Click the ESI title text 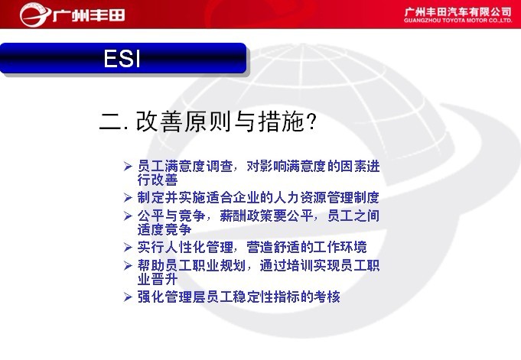point(122,59)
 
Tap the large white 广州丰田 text point(89,15)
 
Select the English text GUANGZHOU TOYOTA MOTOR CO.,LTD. point(458,21)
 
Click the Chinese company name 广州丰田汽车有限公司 point(458,12)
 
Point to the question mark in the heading point(311,121)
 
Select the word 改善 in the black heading point(159,122)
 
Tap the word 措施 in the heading point(281,122)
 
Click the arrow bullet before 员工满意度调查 point(128,166)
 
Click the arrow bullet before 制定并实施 point(128,198)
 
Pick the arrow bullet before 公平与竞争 point(128,216)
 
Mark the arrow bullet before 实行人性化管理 point(128,248)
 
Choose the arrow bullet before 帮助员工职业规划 point(128,266)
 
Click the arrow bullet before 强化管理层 point(128,297)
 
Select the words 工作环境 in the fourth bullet point(340,248)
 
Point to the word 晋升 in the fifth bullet point(164,279)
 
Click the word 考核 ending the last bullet point(327,297)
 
